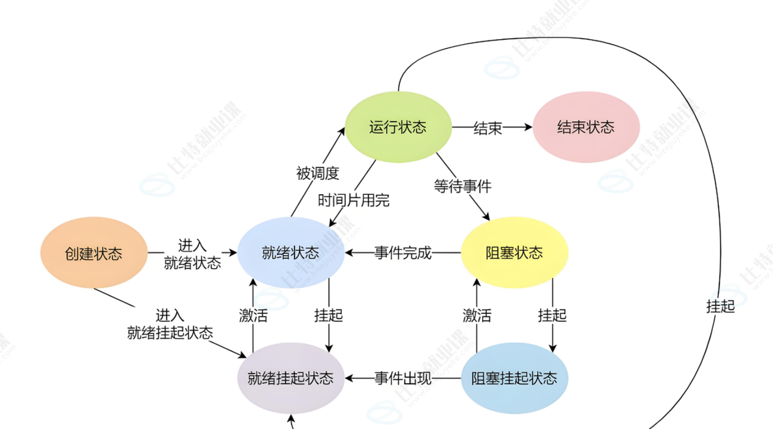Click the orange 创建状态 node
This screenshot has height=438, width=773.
pyautogui.click(x=94, y=253)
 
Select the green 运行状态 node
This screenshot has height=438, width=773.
pyautogui.click(x=398, y=127)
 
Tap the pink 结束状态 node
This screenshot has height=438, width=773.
pyautogui.click(x=586, y=127)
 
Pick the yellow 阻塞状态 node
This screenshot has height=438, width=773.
pyautogui.click(x=514, y=253)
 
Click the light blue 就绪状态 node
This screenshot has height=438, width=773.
pyautogui.click(x=290, y=253)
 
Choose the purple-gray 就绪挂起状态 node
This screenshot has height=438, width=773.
pyautogui.click(x=290, y=378)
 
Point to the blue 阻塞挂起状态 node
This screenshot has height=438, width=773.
pyautogui.click(x=514, y=378)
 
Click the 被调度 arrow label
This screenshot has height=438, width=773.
pyautogui.click(x=318, y=173)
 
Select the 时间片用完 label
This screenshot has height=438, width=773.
pyautogui.click(x=354, y=200)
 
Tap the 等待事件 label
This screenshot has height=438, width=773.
pyautogui.click(x=462, y=186)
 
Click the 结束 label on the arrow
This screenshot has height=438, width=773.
pyautogui.click(x=488, y=128)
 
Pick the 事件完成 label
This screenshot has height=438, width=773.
pyautogui.click(x=403, y=253)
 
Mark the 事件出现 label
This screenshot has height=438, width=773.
pyautogui.click(x=403, y=378)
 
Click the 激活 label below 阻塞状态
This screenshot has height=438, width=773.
pyautogui.click(x=477, y=315)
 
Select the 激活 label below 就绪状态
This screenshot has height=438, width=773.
pyautogui.click(x=253, y=315)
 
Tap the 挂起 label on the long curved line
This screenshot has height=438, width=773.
pyautogui.click(x=720, y=306)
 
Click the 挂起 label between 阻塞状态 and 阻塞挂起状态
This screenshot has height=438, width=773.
pyautogui.click(x=552, y=315)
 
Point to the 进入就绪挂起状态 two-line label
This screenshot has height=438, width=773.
pyautogui.click(x=170, y=324)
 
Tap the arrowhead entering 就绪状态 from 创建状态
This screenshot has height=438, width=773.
pyautogui.click(x=233, y=253)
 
